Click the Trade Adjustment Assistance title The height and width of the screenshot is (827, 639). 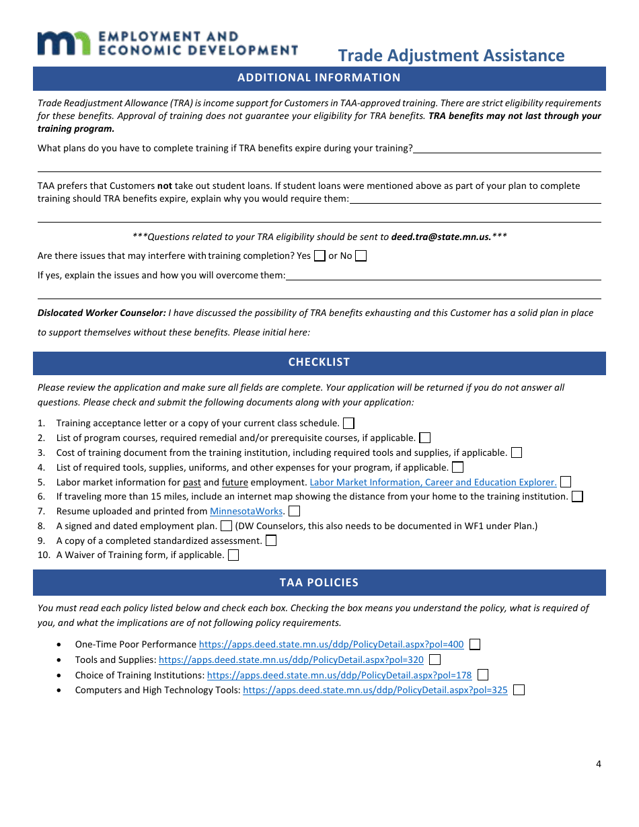451,55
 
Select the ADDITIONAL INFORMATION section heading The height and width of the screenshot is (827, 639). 319,77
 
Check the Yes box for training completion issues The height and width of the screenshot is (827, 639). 319,255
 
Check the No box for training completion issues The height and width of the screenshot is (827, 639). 361,255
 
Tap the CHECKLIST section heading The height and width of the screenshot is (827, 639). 319,362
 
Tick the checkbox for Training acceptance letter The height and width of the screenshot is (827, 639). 348,423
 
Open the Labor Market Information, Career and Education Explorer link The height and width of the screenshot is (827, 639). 433,482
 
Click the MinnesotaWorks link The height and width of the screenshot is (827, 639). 246,511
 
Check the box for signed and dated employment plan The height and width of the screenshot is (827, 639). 227,526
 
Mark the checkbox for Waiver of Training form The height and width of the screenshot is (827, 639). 233,555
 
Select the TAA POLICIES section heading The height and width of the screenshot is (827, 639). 319,582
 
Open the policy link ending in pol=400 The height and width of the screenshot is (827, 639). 331,644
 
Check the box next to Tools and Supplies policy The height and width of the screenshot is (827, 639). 435,660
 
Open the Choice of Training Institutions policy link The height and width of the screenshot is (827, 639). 339,675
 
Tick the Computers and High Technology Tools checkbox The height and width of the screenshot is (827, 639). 519,690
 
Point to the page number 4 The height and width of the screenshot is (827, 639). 598,763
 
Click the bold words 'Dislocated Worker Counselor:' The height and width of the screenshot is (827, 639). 102,313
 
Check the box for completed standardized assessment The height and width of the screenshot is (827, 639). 270,541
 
